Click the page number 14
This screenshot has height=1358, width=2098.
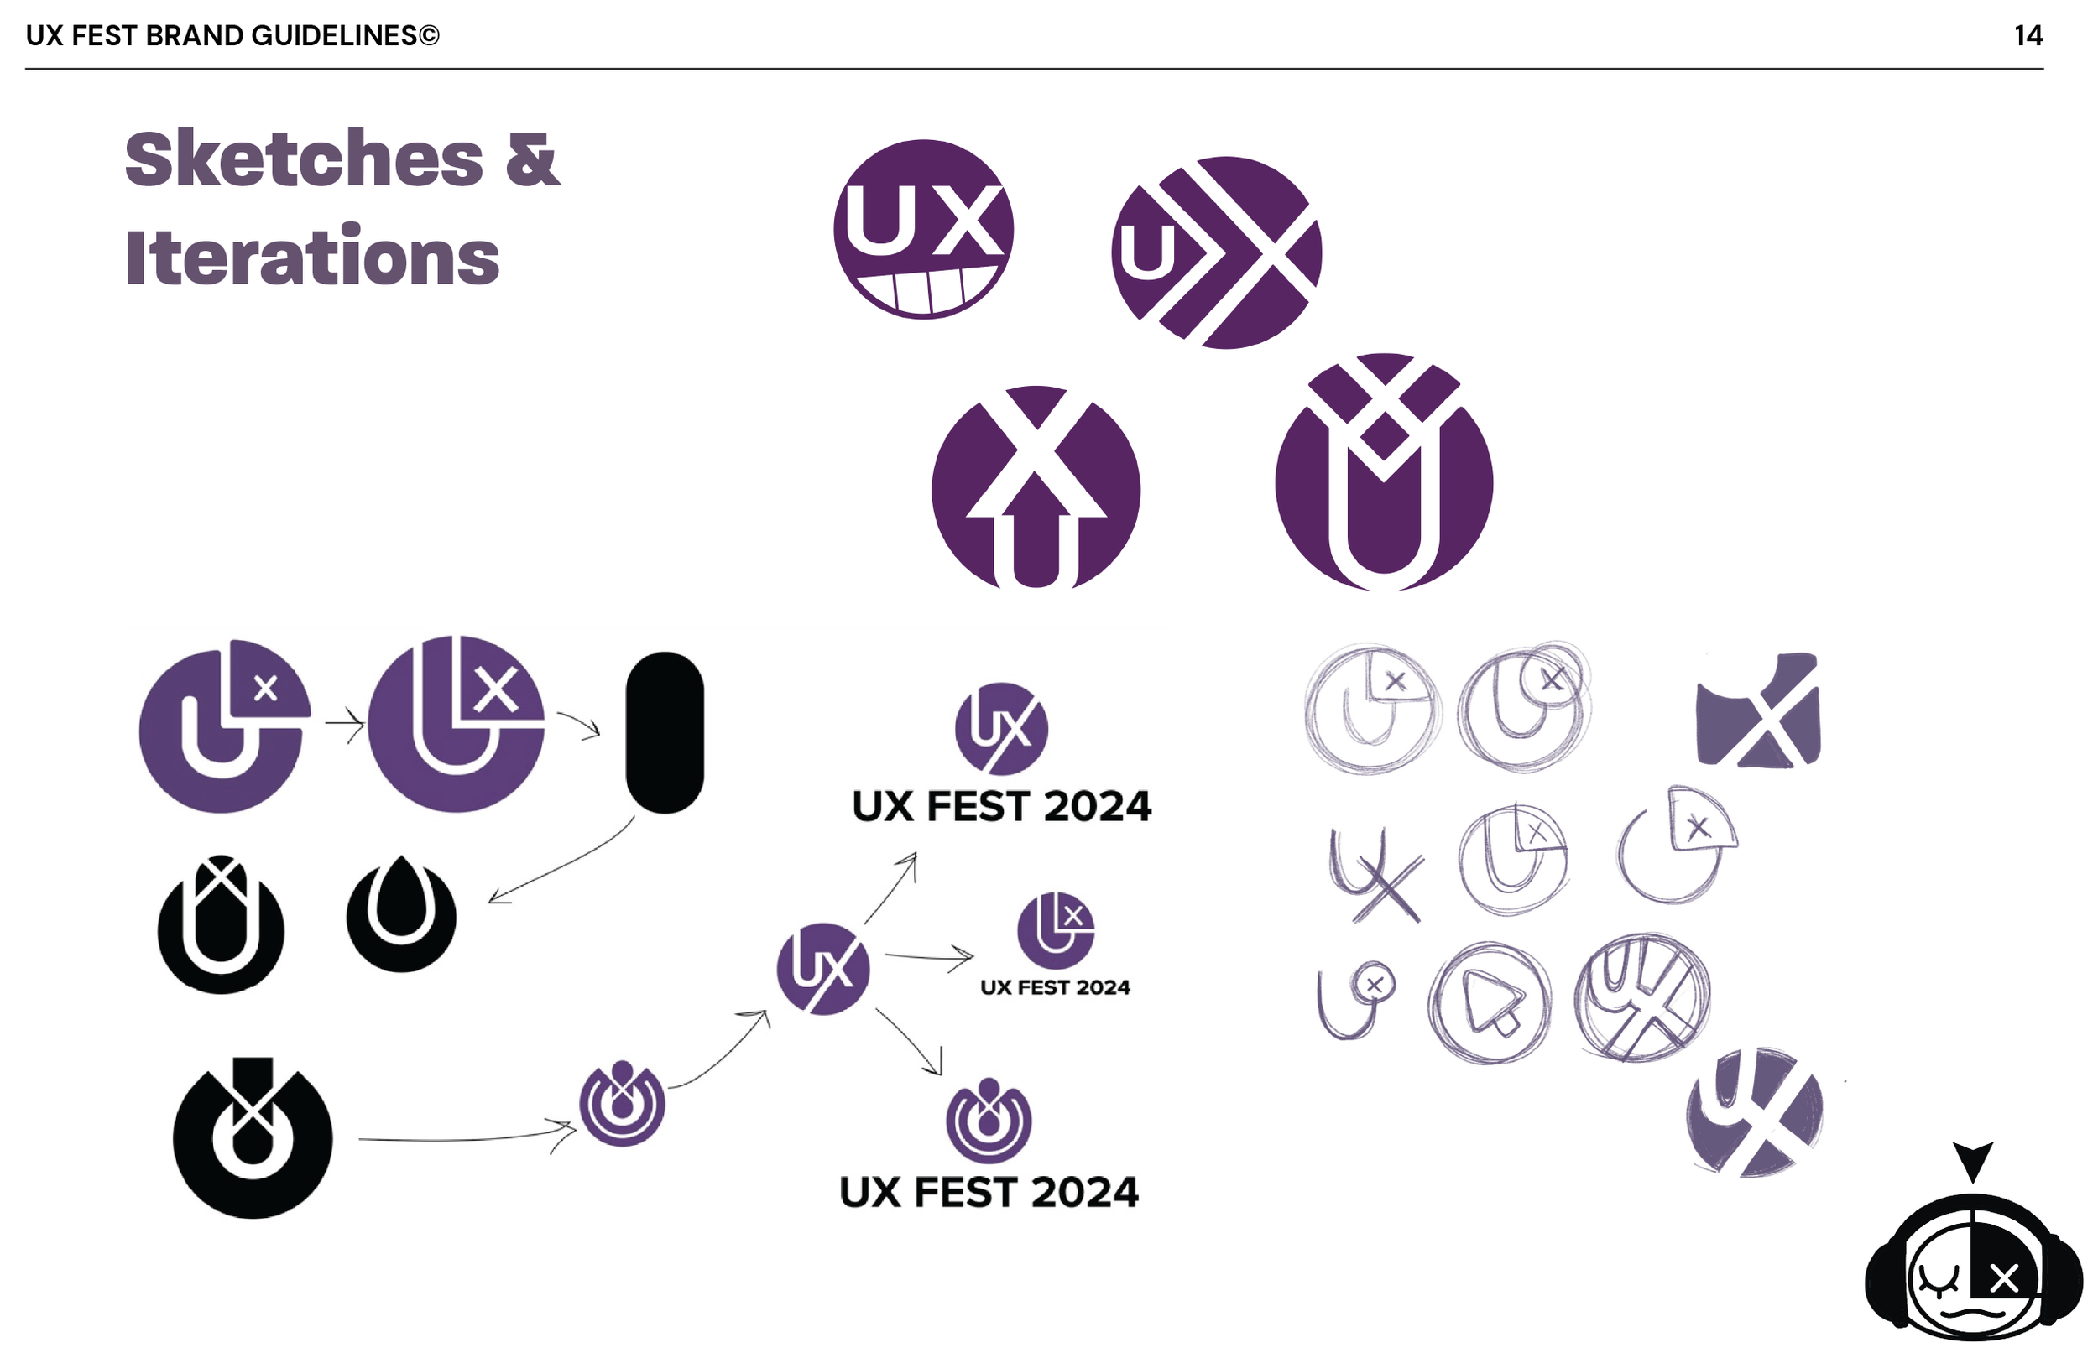coord(2028,35)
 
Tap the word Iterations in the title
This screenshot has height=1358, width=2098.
coord(313,258)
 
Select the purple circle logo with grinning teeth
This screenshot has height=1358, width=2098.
coord(923,229)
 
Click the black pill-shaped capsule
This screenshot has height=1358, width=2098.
coord(665,732)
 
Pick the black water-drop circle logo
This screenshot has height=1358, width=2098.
coord(401,917)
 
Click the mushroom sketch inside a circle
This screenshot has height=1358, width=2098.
coord(1490,1003)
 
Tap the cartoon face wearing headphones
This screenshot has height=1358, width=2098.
coord(1973,1269)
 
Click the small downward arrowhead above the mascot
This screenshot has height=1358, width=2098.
coord(1973,1159)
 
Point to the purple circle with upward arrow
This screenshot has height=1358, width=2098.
coord(1036,487)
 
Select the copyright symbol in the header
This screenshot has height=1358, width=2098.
coord(429,35)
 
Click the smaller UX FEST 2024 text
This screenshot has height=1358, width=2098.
coord(1055,988)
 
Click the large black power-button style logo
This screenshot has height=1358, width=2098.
coord(253,1139)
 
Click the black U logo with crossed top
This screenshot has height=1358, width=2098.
coord(222,925)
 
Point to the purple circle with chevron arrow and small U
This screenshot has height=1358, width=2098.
coord(1217,253)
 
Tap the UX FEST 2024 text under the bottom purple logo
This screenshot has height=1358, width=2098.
coord(989,1192)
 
